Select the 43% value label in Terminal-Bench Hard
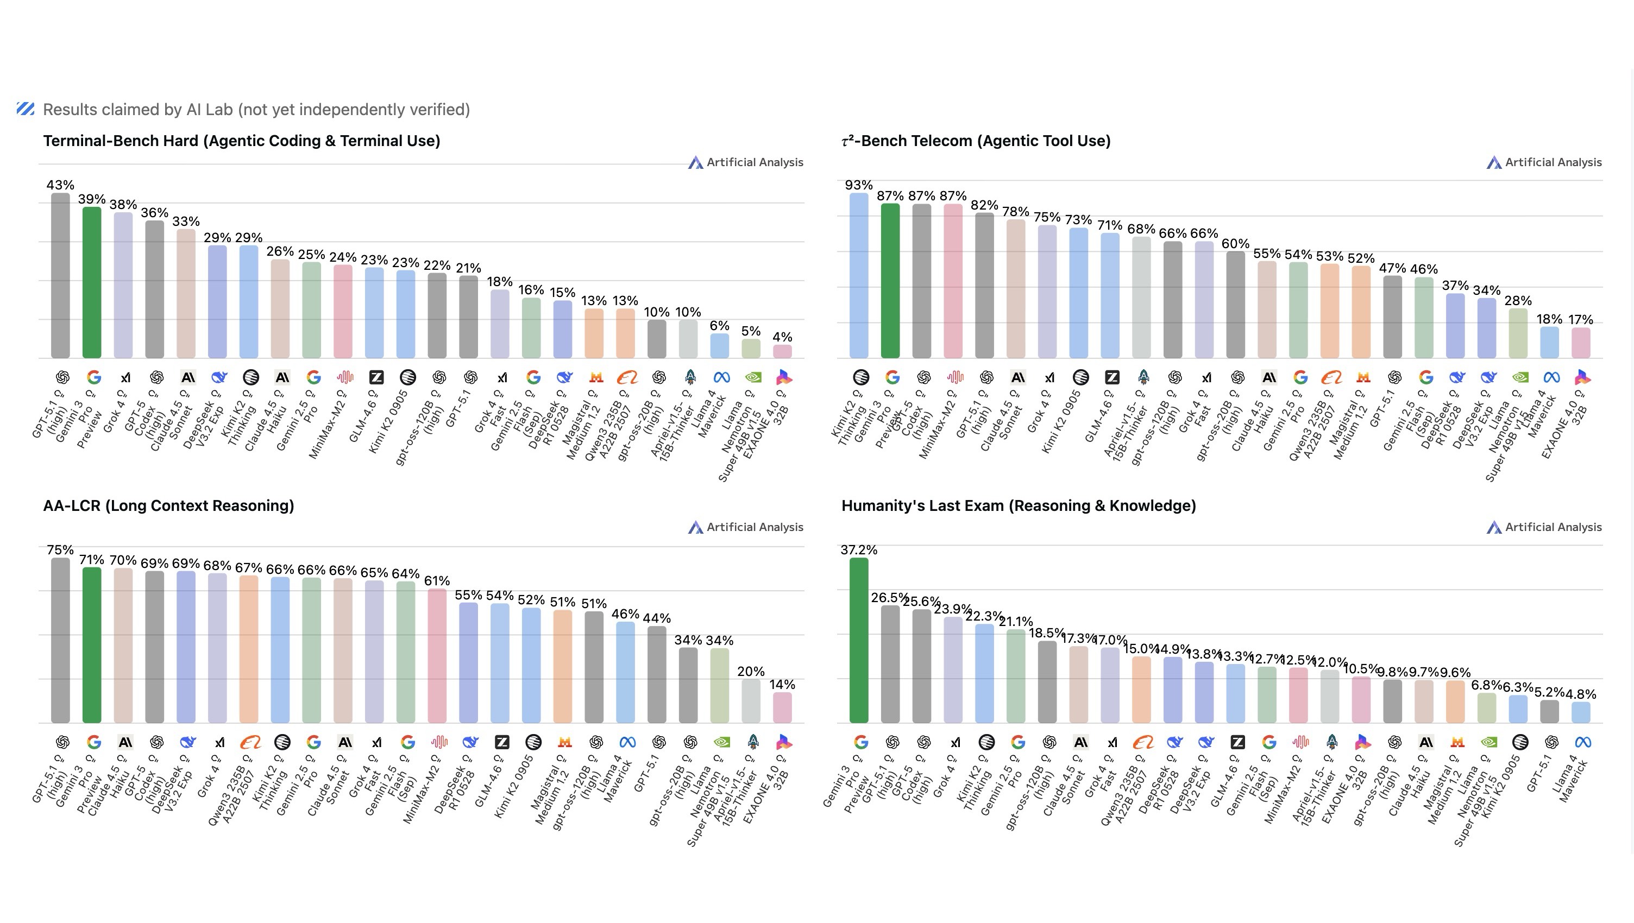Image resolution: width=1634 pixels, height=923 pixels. click(x=60, y=185)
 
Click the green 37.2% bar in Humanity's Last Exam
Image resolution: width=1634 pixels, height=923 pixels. click(x=859, y=640)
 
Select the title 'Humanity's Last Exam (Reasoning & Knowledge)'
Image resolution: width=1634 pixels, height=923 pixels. click(x=1018, y=505)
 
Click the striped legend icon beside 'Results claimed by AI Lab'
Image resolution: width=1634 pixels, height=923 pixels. click(x=26, y=109)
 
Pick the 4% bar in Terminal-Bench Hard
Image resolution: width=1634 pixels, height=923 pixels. click(x=782, y=351)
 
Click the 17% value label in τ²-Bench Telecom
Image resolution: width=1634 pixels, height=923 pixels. click(x=1581, y=319)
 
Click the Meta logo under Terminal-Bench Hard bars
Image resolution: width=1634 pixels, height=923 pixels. click(x=721, y=378)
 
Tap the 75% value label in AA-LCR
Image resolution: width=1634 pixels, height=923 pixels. click(x=60, y=549)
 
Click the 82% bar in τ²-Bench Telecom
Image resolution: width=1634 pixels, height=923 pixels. click(x=984, y=285)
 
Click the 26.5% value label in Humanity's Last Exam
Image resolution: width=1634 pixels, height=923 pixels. click(x=889, y=597)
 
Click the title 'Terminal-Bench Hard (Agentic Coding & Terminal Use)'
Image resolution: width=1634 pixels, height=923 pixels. click(x=242, y=141)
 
